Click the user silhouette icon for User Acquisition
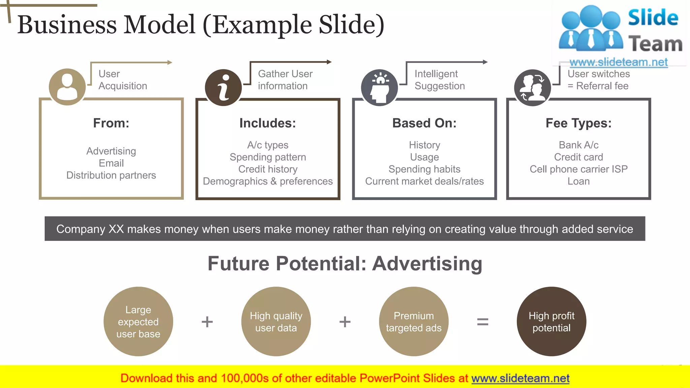67,87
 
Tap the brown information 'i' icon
223,88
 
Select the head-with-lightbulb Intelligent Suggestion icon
379,88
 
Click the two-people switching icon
532,88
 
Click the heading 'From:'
111,123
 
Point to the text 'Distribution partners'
111,175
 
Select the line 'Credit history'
268,169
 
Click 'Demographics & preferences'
268,181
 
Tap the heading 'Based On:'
425,123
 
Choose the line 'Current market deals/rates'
425,181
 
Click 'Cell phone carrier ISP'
578,169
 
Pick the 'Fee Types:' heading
578,123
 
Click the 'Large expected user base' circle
138,321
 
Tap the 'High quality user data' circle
276,321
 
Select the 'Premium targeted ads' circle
414,321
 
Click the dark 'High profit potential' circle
552,321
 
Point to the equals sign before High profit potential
482,322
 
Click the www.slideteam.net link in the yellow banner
520,378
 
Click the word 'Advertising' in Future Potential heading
427,263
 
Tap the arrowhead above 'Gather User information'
329,62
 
